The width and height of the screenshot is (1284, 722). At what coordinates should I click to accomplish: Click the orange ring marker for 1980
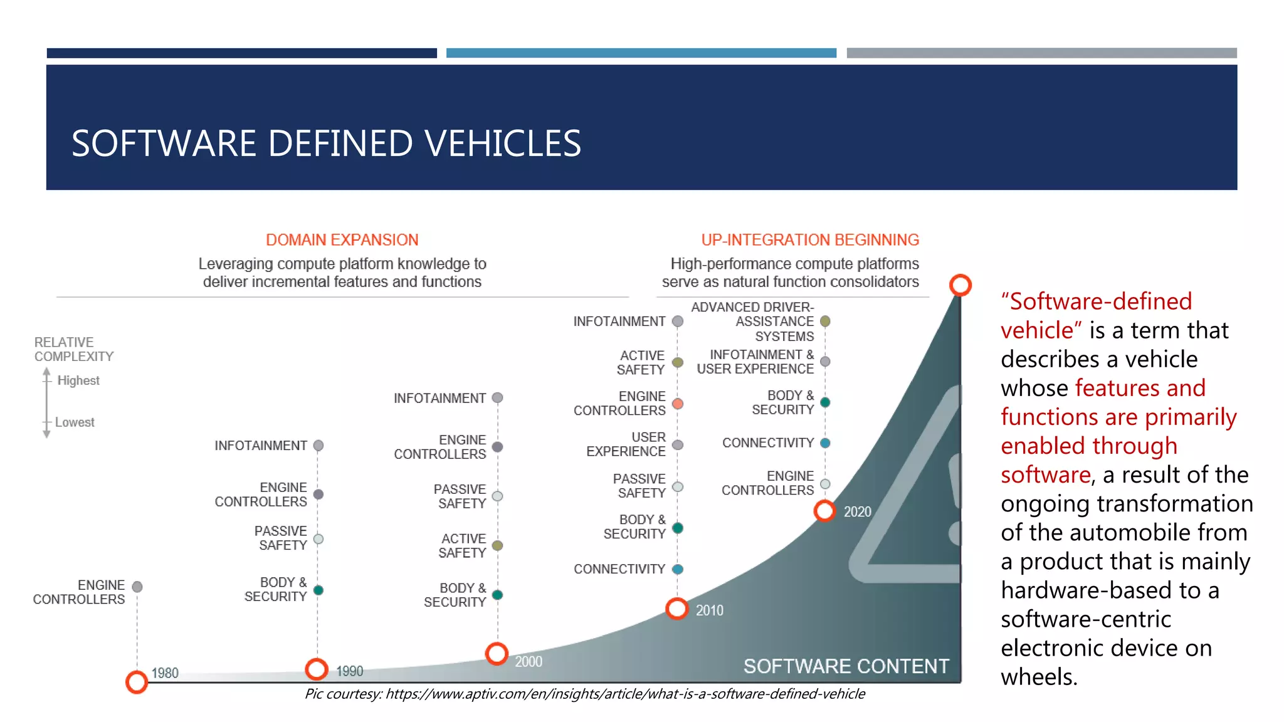pos(137,682)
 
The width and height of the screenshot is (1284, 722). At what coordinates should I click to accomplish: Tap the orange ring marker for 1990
pos(317,669)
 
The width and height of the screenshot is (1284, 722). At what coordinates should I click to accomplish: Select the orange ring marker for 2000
pos(497,654)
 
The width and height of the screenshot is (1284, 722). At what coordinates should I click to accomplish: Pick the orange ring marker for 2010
pos(677,608)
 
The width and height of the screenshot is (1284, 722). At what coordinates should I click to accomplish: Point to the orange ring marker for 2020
pos(824,511)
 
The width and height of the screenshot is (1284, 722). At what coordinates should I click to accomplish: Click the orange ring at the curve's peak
pos(960,285)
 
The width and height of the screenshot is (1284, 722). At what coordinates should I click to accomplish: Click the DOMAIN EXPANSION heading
pos(342,240)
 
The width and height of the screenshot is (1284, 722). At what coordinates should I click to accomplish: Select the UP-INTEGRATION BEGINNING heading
pos(810,240)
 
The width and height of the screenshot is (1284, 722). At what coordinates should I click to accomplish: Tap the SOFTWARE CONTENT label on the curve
pos(846,666)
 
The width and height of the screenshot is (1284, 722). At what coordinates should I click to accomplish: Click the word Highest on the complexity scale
pos(78,380)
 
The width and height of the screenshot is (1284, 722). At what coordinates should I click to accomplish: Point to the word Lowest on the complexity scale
pos(75,422)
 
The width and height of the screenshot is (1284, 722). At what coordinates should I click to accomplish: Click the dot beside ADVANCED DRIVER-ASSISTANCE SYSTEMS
pos(825,322)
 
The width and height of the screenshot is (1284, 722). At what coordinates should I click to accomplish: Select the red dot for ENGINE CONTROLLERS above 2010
pos(678,404)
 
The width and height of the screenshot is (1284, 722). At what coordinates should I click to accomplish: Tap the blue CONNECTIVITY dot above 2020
pos(825,443)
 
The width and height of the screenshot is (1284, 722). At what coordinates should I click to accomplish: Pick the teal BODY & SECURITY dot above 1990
pos(318,590)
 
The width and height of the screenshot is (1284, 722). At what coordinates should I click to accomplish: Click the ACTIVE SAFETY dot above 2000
pos(497,546)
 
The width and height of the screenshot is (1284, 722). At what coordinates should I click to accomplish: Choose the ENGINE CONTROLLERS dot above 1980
pos(137,587)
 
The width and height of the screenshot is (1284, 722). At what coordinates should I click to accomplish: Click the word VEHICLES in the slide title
pos(503,144)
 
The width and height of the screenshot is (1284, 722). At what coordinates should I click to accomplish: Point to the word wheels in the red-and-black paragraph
pos(1037,677)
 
